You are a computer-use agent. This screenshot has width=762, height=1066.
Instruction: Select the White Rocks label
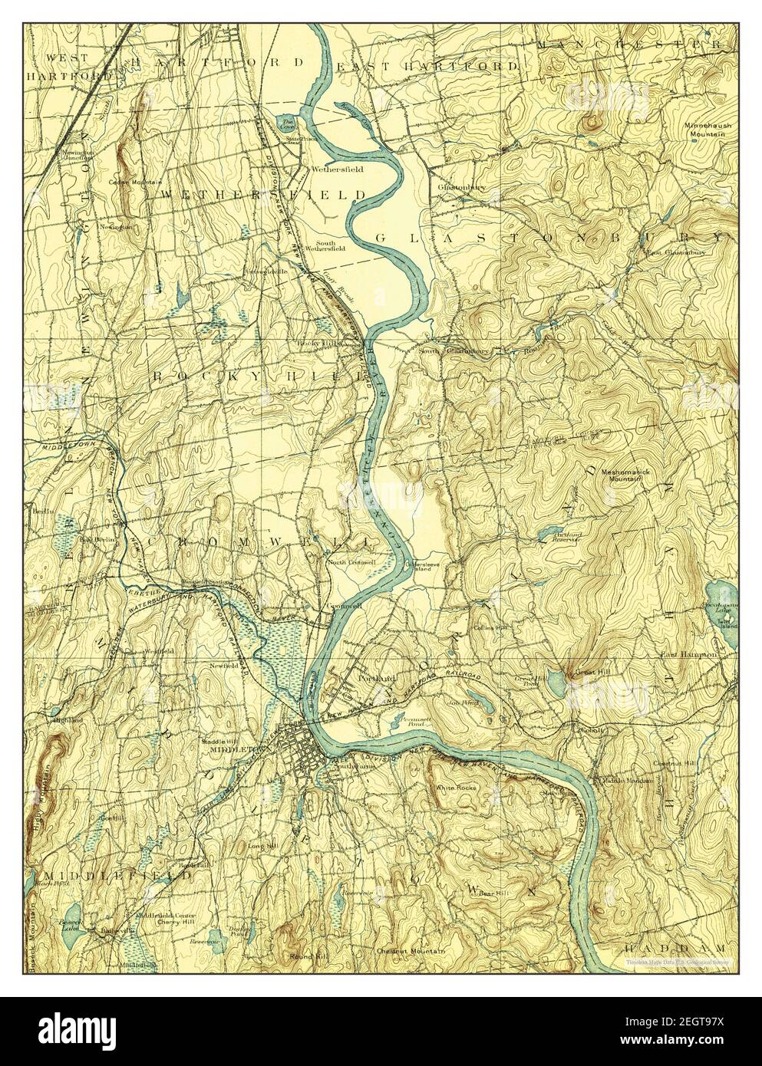[455, 788]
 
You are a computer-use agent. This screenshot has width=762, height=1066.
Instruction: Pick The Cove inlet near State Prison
[287, 123]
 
